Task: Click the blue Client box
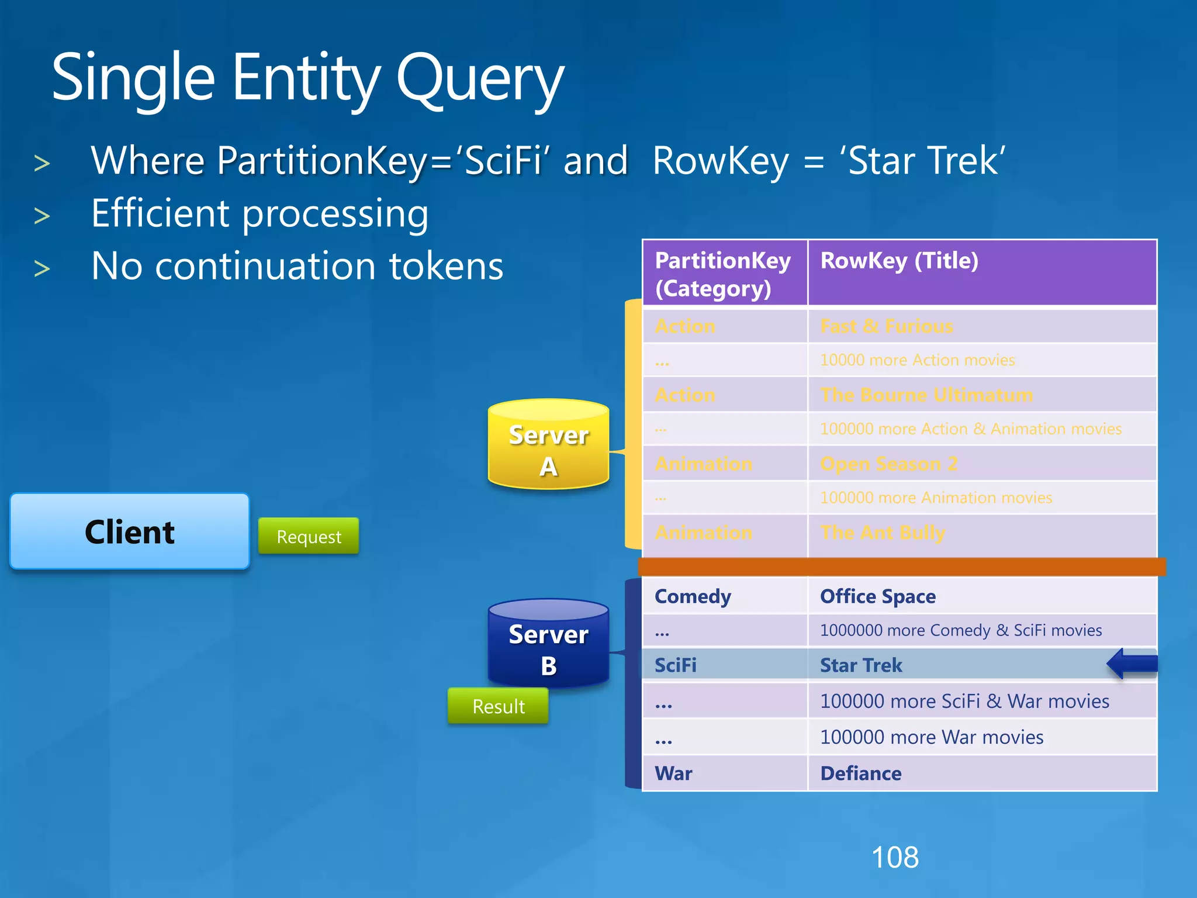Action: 130,531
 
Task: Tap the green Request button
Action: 309,536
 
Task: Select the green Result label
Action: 498,706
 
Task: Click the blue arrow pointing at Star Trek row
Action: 1132,664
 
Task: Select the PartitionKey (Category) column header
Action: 724,274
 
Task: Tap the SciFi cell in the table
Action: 676,665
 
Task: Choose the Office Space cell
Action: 878,596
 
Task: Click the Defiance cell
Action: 861,773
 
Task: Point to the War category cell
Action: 673,773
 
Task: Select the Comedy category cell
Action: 693,596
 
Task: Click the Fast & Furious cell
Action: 887,326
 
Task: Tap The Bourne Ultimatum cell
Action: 926,395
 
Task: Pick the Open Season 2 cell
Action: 888,464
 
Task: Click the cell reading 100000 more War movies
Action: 932,737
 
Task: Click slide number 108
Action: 895,858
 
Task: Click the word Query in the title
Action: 480,79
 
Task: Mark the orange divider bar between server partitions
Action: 902,567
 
